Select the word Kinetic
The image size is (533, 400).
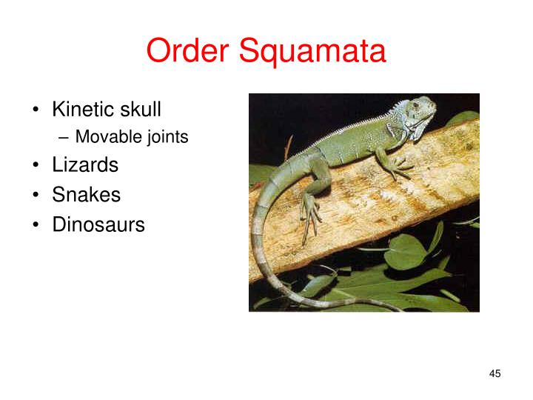pos(84,110)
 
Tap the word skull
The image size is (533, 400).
pos(141,110)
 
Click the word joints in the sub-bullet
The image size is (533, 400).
pos(167,138)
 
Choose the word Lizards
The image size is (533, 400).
pos(85,164)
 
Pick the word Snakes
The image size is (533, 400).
pos(86,195)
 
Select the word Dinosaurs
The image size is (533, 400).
pos(98,224)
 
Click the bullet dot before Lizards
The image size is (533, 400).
pos(36,165)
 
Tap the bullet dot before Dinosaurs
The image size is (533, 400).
pos(36,225)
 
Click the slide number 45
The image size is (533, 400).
pos(495,374)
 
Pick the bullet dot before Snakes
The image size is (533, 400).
pos(36,196)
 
